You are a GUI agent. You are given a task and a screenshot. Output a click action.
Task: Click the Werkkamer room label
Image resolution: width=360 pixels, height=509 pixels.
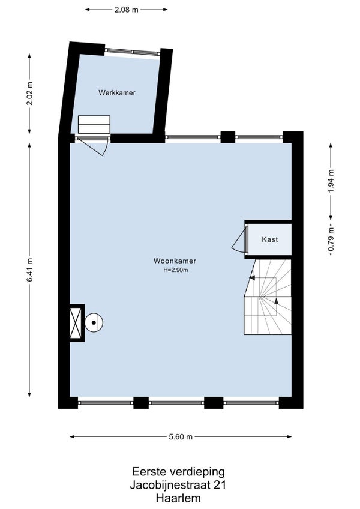point(117,93)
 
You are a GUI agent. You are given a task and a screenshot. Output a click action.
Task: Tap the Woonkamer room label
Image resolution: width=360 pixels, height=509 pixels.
point(175,261)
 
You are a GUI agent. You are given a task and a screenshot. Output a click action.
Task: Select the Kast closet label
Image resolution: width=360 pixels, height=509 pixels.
point(270,239)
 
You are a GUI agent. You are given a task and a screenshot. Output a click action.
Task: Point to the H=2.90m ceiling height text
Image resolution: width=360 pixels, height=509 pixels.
point(176,270)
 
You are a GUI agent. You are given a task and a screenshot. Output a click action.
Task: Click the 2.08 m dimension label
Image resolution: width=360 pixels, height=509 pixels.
point(126,10)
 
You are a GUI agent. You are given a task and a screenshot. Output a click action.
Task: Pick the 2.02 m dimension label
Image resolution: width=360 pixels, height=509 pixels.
point(30,94)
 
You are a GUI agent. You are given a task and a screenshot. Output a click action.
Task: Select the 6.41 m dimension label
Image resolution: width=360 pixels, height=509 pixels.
point(30,270)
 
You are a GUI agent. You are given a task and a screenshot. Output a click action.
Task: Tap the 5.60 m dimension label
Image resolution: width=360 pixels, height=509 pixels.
point(181,437)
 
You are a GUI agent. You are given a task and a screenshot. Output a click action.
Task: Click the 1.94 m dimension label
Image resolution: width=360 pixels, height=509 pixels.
point(331,181)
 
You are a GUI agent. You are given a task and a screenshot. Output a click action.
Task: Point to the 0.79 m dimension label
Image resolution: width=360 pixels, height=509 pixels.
point(331,239)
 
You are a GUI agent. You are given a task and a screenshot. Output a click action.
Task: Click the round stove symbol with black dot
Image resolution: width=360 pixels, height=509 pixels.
point(94,323)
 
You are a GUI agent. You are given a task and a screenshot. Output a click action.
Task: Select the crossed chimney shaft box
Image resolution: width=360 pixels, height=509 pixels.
point(77,323)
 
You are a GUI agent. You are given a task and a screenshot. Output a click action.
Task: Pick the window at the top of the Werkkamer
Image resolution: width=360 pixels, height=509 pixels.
point(133,52)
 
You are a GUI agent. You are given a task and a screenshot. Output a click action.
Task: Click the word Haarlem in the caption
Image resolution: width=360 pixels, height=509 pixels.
point(178,498)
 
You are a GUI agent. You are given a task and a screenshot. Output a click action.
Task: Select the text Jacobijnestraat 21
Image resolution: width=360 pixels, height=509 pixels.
point(178,485)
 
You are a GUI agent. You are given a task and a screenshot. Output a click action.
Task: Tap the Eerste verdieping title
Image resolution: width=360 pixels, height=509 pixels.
point(178,472)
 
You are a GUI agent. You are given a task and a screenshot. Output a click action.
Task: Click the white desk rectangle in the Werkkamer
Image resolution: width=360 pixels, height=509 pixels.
point(94,124)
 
